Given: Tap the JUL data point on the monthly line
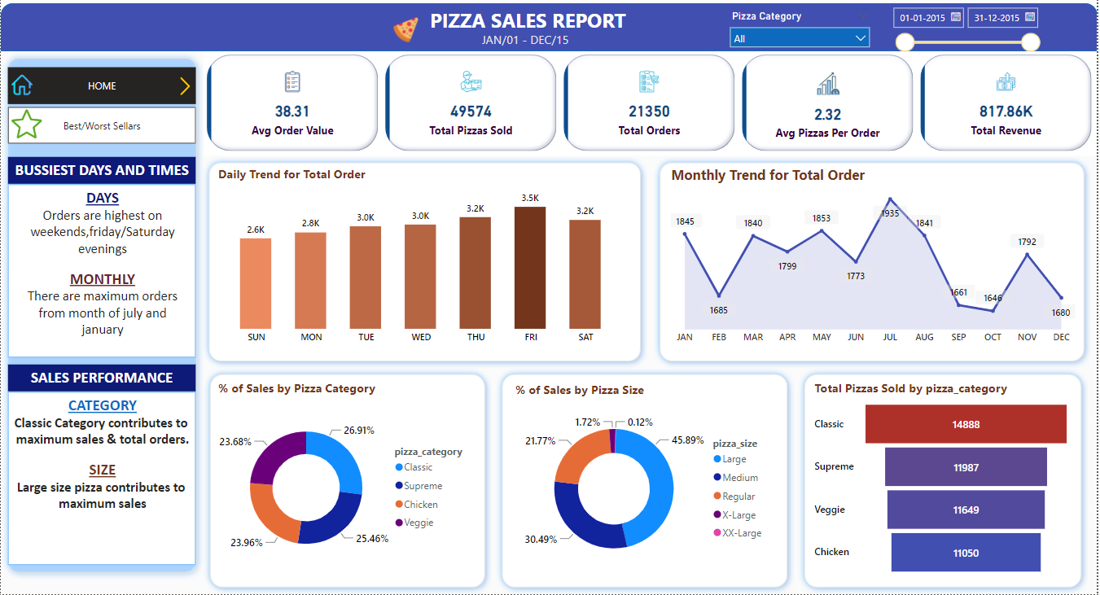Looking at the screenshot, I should tap(890, 199).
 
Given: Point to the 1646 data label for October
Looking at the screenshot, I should tap(993, 298).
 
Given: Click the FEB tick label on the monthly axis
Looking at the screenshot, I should tap(718, 337).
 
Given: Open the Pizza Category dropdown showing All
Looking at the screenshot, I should tap(800, 38).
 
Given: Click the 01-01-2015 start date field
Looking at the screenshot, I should tap(921, 17).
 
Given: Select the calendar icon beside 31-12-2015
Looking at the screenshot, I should tap(1030, 16).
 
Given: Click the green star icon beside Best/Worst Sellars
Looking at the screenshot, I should tap(26, 125).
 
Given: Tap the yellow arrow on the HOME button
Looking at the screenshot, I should tap(185, 86).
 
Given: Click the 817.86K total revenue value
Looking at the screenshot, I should tap(1006, 112).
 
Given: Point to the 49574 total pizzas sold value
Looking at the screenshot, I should tap(471, 112).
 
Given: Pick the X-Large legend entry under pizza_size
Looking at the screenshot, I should tap(738, 514).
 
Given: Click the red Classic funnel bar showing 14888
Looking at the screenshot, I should tap(966, 424).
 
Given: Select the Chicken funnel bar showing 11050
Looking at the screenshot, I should tap(966, 553).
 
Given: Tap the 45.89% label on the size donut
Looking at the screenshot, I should tap(687, 440).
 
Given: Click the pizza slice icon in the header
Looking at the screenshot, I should tap(405, 29).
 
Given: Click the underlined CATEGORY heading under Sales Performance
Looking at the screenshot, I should tap(102, 405).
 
